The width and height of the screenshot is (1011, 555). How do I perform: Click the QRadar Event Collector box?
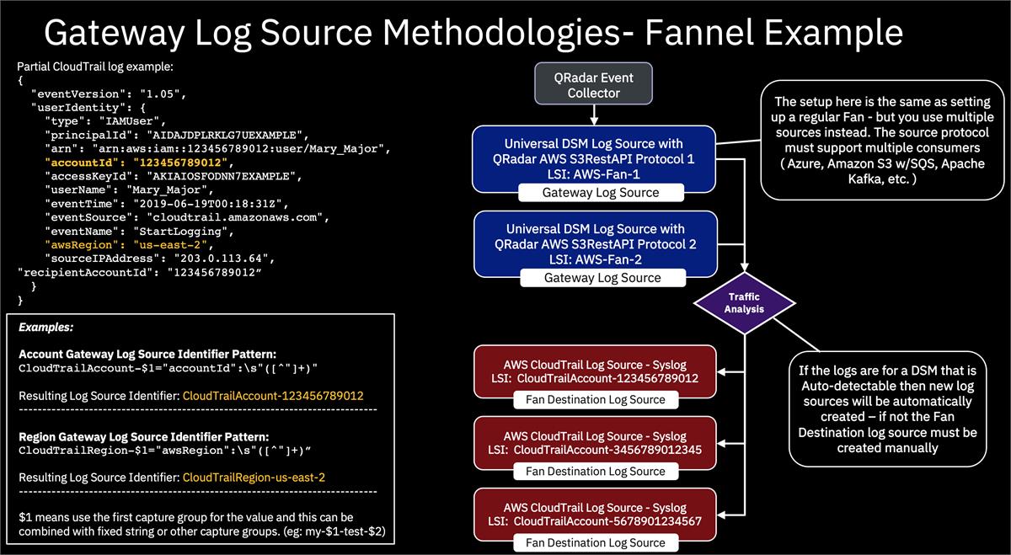pyautogui.click(x=594, y=84)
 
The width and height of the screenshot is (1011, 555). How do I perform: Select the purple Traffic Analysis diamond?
pyautogui.click(x=744, y=302)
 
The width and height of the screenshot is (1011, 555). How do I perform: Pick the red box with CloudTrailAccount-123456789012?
pyautogui.click(x=595, y=371)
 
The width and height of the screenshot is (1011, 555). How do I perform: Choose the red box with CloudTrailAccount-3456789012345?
pyautogui.click(x=595, y=443)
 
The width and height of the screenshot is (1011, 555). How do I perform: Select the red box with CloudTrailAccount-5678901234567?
pyautogui.click(x=595, y=515)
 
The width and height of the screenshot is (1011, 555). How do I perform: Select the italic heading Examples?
pyautogui.click(x=45, y=327)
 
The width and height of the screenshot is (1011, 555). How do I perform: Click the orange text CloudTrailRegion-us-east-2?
pyautogui.click(x=254, y=478)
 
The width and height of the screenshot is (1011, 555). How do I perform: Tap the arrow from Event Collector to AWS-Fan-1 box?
pyautogui.click(x=593, y=115)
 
